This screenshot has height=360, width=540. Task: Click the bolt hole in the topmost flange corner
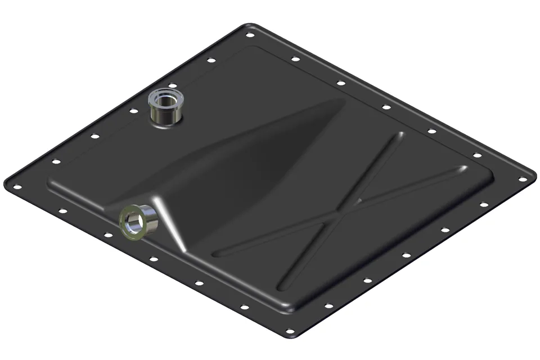(249, 34)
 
